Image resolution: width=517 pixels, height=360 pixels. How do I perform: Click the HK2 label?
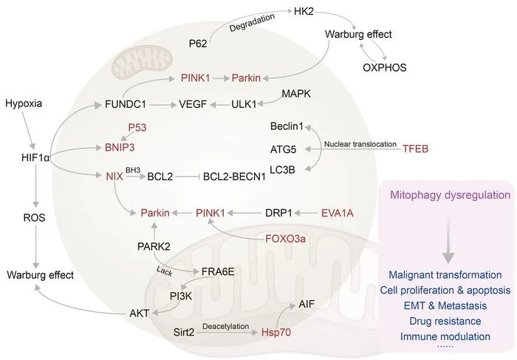[304, 12]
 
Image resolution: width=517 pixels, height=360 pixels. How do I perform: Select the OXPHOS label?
[385, 67]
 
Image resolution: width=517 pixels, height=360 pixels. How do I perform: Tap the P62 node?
[198, 43]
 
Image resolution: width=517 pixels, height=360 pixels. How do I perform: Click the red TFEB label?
[415, 149]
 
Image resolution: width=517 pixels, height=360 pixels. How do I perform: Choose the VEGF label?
[193, 104]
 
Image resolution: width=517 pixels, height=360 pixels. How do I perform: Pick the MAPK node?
[296, 94]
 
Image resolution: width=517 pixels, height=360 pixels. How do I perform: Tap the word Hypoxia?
[24, 103]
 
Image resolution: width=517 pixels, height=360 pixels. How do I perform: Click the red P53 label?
[137, 127]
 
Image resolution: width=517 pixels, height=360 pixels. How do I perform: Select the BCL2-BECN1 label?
[234, 177]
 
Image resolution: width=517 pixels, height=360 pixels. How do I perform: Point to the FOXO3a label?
[286, 238]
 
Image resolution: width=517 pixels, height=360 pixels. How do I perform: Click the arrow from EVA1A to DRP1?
[307, 213]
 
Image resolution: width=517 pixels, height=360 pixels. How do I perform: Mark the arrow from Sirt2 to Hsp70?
[228, 333]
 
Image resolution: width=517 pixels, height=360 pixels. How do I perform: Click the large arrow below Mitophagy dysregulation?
[448, 238]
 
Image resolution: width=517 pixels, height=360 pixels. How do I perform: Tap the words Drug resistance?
[445, 321]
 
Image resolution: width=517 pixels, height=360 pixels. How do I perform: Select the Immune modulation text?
[445, 336]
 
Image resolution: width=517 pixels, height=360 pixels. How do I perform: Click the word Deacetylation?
[226, 326]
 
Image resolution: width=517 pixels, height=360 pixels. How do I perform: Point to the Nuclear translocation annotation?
[360, 144]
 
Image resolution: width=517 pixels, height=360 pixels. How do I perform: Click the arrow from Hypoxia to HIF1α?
[28, 130]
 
